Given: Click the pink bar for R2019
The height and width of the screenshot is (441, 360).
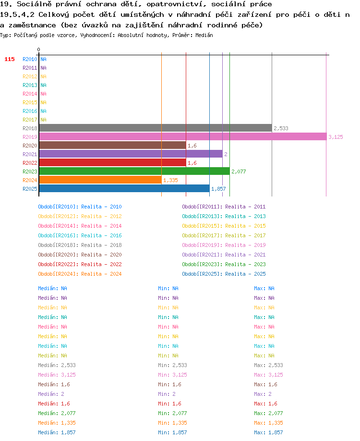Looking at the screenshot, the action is point(183,137).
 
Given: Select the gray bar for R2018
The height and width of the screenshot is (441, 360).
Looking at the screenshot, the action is point(156,128).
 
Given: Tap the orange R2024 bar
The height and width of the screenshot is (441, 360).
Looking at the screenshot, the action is point(100,180).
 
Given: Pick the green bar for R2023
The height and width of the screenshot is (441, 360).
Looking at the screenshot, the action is point(134,171).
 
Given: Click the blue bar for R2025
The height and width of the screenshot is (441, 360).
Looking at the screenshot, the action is point(124,188).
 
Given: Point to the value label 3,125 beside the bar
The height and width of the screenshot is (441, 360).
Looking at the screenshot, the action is point(336,137).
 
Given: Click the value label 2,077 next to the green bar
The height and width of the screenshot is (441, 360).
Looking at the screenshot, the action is point(239,171).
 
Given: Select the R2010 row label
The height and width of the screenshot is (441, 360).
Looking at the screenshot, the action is point(30,59).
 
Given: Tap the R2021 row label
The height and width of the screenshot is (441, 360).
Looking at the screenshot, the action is point(30,154).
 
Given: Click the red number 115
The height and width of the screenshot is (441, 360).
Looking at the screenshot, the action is point(10,59).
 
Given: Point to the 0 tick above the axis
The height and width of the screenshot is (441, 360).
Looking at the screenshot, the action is point(38,49).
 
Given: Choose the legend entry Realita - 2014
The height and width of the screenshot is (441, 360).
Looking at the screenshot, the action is point(101,226).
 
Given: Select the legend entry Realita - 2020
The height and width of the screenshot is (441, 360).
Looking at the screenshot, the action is point(101,255).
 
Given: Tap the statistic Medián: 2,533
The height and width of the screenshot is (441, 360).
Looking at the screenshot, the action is point(57,365).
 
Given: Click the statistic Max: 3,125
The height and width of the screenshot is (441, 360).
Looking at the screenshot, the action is point(268,375).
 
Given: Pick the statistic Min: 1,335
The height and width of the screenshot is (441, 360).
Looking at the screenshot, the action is point(172,423).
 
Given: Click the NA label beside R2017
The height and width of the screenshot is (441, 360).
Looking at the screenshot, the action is point(43,120).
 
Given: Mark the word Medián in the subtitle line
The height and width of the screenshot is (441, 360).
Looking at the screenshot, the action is point(204,35).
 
